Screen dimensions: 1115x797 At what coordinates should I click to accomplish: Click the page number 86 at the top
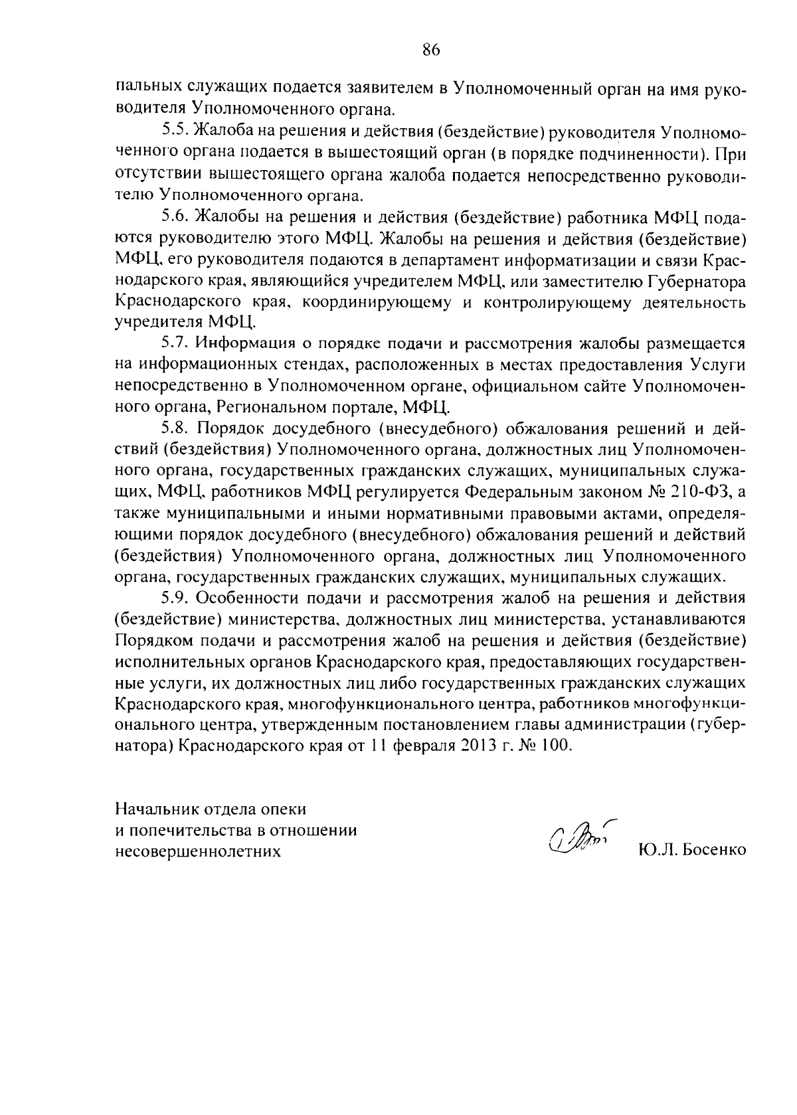431,50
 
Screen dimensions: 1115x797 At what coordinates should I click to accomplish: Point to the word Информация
249,343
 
